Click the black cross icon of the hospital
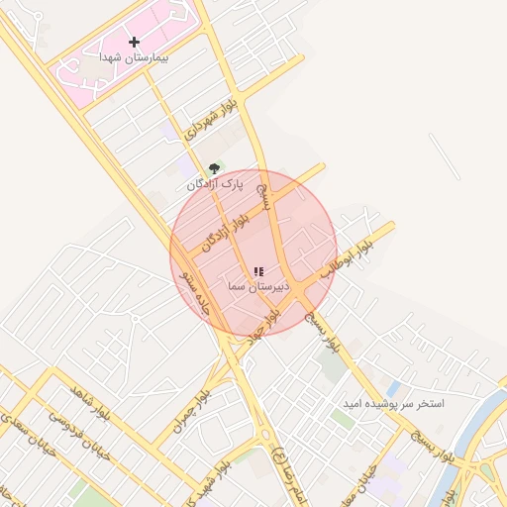(x=135, y=42)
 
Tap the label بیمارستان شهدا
(x=134, y=57)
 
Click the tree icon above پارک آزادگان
(x=214, y=169)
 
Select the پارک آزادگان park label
(x=214, y=184)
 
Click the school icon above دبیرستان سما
(x=258, y=271)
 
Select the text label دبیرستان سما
(x=257, y=286)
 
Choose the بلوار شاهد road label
(x=90, y=403)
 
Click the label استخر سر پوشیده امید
(x=393, y=404)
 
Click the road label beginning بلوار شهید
(x=236, y=476)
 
